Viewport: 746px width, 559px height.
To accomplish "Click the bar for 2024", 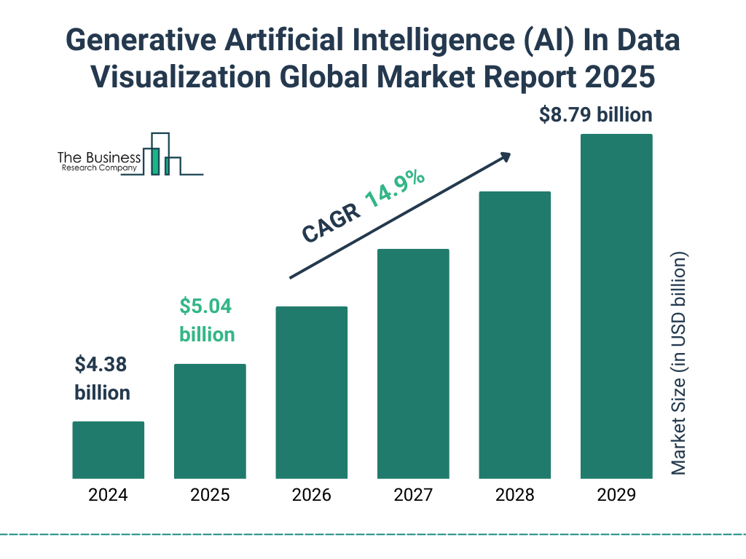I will point(108,450).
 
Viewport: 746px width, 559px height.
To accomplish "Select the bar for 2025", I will point(210,421).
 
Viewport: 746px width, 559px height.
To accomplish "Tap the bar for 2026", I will point(311,392).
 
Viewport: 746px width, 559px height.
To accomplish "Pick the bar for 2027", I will point(413,363).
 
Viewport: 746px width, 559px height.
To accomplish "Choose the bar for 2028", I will point(514,335).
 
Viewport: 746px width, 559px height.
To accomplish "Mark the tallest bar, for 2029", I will point(616,306).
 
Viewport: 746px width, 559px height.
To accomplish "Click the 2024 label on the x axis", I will point(108,496).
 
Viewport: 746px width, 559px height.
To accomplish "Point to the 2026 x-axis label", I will point(311,496).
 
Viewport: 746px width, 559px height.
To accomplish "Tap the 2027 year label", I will point(413,496).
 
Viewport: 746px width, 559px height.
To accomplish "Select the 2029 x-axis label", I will point(616,496).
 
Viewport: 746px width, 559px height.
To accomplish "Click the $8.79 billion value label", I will point(595,114).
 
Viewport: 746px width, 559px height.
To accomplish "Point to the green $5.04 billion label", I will point(207,320).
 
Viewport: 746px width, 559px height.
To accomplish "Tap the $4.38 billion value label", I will point(102,378).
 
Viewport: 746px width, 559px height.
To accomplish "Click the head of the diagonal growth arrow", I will point(505,156).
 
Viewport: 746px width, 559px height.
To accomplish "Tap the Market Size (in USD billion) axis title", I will point(679,363).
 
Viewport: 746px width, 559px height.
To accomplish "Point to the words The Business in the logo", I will point(99,157).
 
